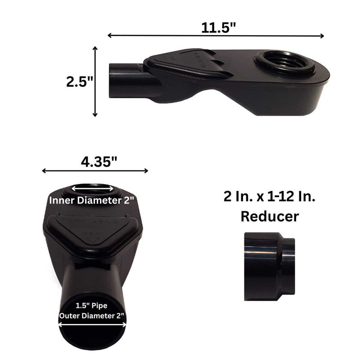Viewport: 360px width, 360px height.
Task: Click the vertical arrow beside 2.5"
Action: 95,81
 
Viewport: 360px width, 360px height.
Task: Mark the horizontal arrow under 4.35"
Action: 95,171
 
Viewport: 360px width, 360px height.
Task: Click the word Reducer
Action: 270,216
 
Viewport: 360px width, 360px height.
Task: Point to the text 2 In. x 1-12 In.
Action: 270,197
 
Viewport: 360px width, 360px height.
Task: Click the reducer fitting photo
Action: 269,266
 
